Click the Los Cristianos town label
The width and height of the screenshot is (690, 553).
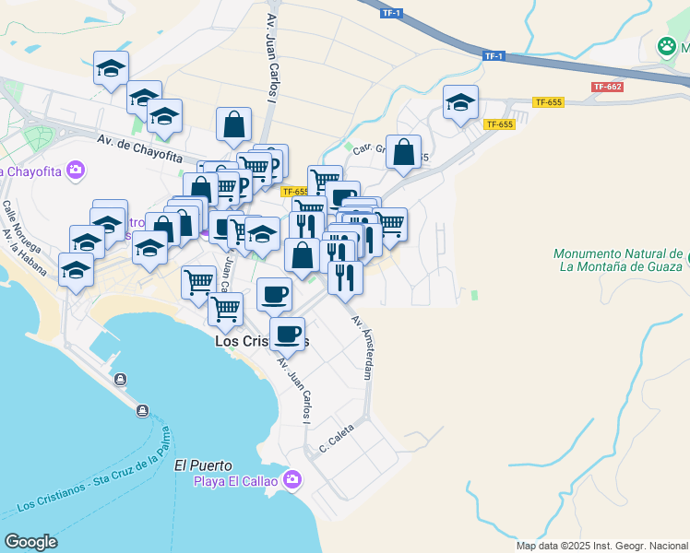coord(261,340)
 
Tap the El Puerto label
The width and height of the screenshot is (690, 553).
coord(203,465)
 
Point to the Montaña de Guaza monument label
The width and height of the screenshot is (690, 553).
coord(619,261)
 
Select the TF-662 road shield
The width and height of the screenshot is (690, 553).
coord(609,87)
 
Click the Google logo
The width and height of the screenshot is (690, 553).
coord(30,542)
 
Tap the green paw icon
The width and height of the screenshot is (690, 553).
coord(667,45)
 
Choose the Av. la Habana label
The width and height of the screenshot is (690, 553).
coord(23,252)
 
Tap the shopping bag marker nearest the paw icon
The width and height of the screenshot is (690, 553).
coord(404,153)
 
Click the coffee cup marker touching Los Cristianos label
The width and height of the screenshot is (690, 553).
coord(287,334)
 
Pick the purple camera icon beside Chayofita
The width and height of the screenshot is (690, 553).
coord(76,170)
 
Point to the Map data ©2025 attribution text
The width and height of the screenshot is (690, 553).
coord(601,546)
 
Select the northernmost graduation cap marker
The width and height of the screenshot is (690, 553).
coord(112,68)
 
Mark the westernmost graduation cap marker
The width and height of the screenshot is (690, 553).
coord(77,270)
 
